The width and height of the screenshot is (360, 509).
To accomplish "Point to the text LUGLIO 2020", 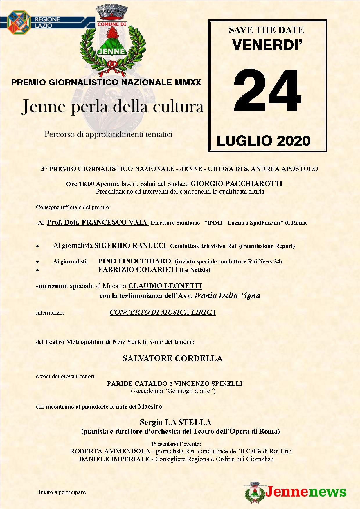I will coord(264,141).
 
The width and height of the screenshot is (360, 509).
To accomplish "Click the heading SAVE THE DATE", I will coord(266,30).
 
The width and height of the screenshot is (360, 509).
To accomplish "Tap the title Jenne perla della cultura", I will coord(113,107).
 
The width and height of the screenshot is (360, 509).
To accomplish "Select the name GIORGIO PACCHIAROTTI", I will coord(236,184).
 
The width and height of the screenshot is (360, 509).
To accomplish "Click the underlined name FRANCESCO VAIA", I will coord(98,223).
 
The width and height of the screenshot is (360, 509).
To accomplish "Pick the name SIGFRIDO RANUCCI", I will coord(131,246).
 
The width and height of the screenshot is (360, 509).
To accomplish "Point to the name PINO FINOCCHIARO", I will coord(134,261).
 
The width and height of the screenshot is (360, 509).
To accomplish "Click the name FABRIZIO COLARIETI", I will coord(138,270).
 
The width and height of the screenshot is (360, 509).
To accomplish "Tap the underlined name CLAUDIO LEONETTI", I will coord(165,286).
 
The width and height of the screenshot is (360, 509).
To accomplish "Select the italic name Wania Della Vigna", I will coord(227,295).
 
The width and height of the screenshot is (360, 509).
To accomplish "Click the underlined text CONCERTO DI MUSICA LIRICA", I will coord(163,312).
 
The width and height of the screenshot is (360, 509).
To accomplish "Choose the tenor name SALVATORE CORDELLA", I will coord(172,358).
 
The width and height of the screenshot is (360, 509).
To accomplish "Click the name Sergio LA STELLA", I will coord(175,422).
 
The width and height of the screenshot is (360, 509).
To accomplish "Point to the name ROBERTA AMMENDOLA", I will coord(110,451).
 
